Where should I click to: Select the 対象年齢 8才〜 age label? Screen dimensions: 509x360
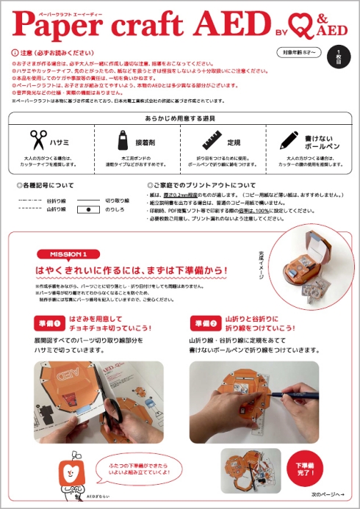(x=298, y=52)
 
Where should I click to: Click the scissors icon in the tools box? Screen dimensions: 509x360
(x=38, y=140)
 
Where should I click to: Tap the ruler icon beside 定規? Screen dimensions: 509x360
(x=212, y=140)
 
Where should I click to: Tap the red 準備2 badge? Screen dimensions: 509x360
(x=203, y=324)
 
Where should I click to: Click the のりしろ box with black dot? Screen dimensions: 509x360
(x=89, y=209)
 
